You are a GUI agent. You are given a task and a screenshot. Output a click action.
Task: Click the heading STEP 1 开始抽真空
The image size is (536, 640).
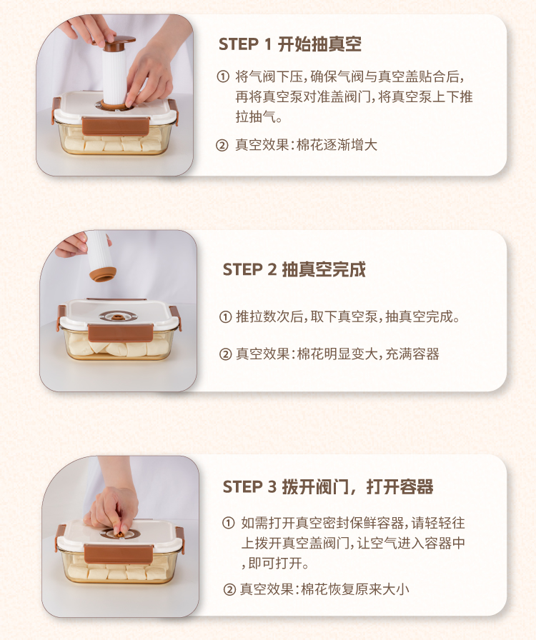click(x=290, y=44)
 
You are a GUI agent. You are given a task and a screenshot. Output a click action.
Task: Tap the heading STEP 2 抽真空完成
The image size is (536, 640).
click(x=294, y=269)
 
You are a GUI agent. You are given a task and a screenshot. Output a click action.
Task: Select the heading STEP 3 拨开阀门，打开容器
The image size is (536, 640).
click(x=327, y=486)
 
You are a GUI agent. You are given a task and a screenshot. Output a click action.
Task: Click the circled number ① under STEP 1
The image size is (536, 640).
click(x=223, y=76)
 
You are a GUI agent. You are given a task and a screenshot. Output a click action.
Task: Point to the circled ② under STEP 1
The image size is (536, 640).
click(x=222, y=145)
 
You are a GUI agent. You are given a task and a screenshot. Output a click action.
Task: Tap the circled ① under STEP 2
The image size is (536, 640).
click(x=226, y=316)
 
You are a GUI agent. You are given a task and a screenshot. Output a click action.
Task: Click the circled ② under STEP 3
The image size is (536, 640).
click(x=229, y=589)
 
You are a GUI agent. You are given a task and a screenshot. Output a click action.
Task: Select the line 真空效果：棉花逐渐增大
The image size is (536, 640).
click(x=306, y=145)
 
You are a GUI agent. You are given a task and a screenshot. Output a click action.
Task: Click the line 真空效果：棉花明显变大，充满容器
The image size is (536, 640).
click(x=337, y=354)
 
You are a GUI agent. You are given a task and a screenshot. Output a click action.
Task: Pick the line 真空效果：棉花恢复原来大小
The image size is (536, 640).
click(x=324, y=589)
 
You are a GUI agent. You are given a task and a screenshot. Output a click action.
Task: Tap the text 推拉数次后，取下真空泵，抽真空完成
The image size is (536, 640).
click(x=348, y=316)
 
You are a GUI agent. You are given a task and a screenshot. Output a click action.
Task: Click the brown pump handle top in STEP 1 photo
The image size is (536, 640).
click(x=119, y=42)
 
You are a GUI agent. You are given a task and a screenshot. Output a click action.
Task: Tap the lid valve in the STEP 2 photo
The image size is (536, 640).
click(x=118, y=316)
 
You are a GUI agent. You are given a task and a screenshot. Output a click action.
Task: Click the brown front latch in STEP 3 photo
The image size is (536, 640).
click(x=119, y=554)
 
